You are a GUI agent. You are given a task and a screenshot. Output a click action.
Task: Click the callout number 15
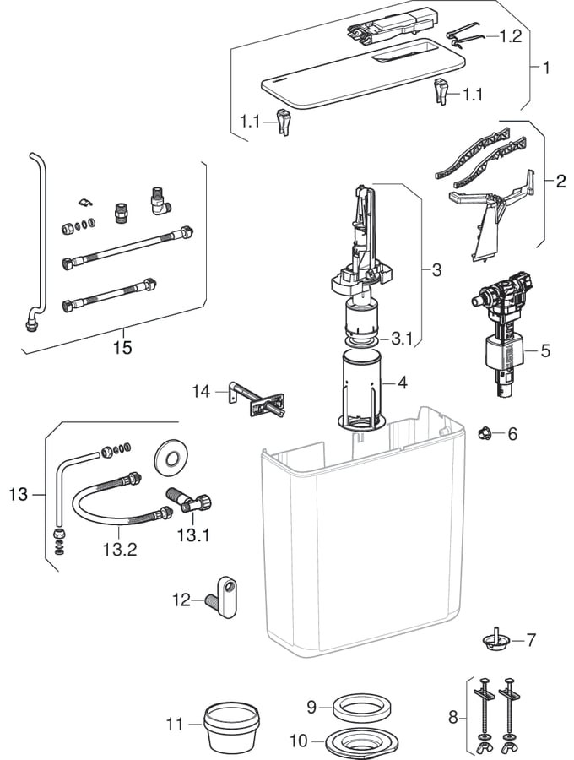click(x=122, y=348)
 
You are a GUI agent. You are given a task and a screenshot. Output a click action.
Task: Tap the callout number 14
click(x=200, y=391)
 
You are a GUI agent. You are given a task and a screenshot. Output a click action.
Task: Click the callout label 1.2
click(x=511, y=36)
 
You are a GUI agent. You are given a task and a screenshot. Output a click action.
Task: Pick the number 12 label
click(x=182, y=600)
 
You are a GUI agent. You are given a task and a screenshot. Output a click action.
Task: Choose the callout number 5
click(x=545, y=350)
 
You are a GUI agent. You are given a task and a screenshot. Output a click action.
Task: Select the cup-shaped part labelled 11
click(x=231, y=725)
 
